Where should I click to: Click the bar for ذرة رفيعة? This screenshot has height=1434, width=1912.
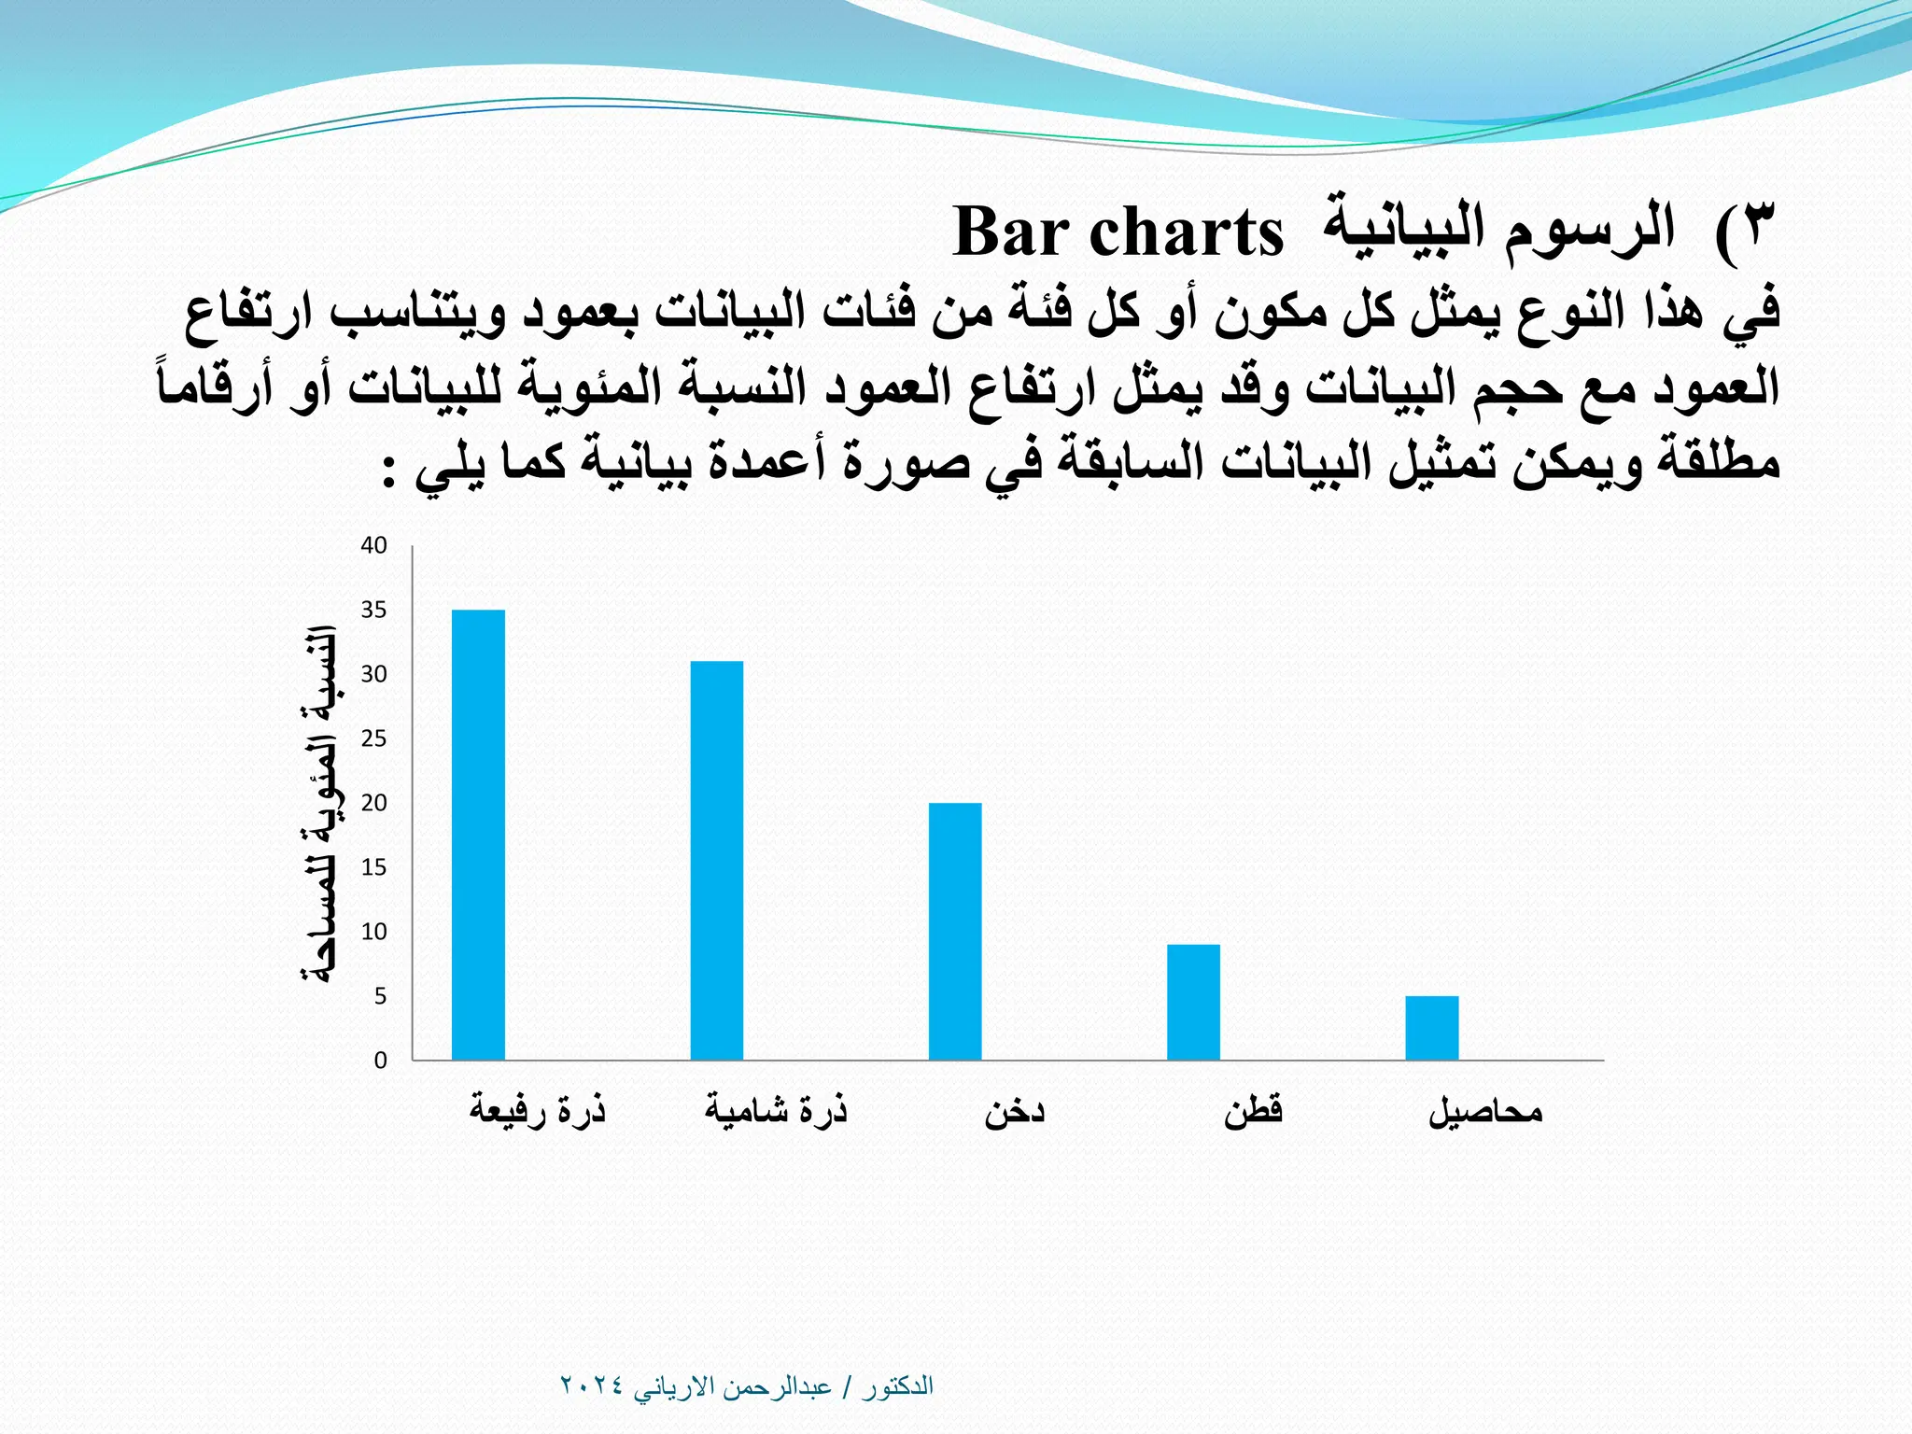pos(478,835)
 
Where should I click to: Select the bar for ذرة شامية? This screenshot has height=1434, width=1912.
pos(717,860)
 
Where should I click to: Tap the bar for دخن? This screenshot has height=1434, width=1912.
pos(955,931)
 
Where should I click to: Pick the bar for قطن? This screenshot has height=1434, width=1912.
pos(1193,1002)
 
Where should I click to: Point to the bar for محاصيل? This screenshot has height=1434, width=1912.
pos(1432,1028)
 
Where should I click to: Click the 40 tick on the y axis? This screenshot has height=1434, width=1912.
pos(374,546)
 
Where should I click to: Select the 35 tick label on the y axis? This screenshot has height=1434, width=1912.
pos(374,611)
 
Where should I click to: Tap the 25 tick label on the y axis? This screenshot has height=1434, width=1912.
pos(374,739)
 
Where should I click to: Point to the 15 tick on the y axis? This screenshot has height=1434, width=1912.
pos(374,868)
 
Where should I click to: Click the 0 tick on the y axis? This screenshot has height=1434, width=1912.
pos(380,1061)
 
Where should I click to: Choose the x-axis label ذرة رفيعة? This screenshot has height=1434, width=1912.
pos(538,1111)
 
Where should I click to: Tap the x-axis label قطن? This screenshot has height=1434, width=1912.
pos(1254,1111)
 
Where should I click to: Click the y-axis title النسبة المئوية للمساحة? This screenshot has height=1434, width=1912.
pos(318,804)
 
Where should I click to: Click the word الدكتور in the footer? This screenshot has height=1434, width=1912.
pos(897,1386)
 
